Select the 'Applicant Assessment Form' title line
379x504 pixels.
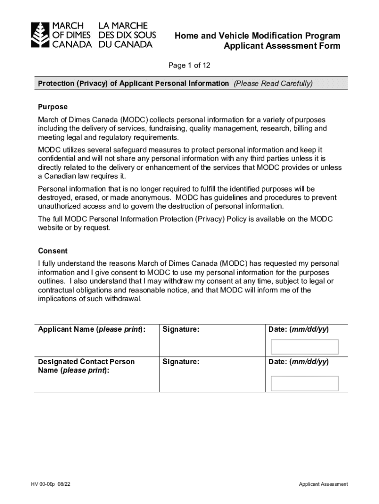coord(282,46)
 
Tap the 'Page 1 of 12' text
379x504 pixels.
coord(189,65)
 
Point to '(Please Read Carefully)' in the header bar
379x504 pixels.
coord(273,84)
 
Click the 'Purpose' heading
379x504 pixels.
coord(53,107)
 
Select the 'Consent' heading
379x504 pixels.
coord(53,251)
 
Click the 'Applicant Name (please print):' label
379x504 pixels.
coord(92,329)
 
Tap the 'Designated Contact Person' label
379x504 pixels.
coord(86,362)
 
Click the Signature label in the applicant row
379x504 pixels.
coord(181,329)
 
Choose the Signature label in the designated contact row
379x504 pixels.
coord(181,362)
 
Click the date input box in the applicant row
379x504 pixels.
coord(305,347)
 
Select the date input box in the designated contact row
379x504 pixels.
coord(305,383)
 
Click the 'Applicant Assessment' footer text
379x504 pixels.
coord(323,484)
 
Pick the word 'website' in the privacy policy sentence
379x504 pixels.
coord(51,228)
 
